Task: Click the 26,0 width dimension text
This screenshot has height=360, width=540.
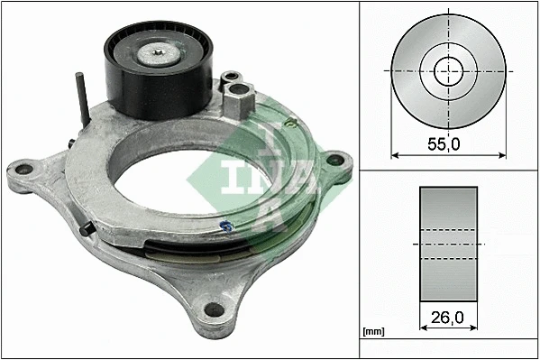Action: click(448, 318)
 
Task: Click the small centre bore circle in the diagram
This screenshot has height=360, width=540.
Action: click(446, 70)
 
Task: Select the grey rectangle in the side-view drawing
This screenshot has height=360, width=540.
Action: click(448, 245)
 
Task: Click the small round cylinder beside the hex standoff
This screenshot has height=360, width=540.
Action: click(233, 79)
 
